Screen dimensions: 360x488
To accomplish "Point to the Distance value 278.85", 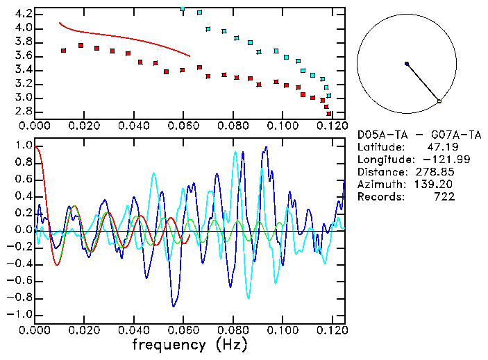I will click(435, 171).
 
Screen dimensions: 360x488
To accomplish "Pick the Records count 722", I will click(444, 196).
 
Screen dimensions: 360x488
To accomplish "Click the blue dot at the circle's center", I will click(407, 64).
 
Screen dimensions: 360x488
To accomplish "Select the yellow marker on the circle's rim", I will click(439, 101).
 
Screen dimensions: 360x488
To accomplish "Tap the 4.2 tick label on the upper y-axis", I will click(23, 14).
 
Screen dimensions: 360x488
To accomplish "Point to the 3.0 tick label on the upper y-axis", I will click(23, 98).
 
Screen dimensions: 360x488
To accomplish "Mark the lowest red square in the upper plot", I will click(329, 113).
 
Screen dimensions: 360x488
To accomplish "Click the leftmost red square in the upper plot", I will click(64, 50).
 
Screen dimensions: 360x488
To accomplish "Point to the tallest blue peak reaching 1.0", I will click(266, 147).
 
